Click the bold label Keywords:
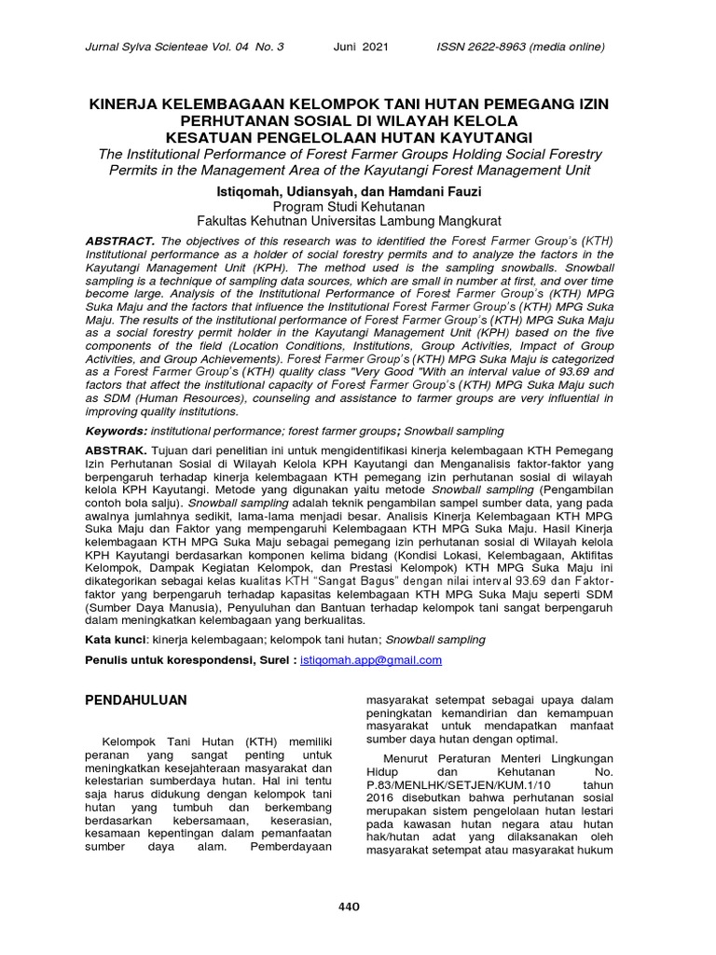(x=116, y=432)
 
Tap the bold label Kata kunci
(x=116, y=641)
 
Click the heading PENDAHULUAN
(x=136, y=699)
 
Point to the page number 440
(x=349, y=907)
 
